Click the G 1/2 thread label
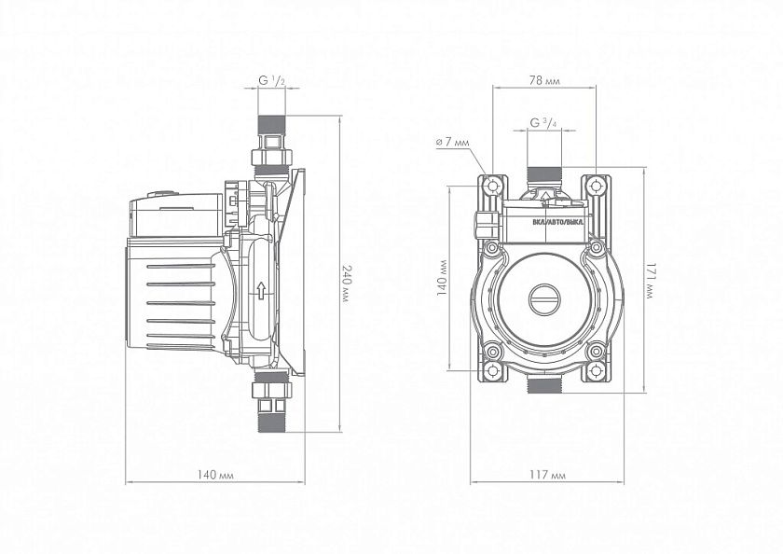point(270,82)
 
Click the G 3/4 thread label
point(543,123)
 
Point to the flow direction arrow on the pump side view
point(263,290)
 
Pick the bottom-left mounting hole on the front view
point(491,353)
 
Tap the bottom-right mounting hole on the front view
point(596,353)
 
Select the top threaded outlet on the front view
point(543,173)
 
